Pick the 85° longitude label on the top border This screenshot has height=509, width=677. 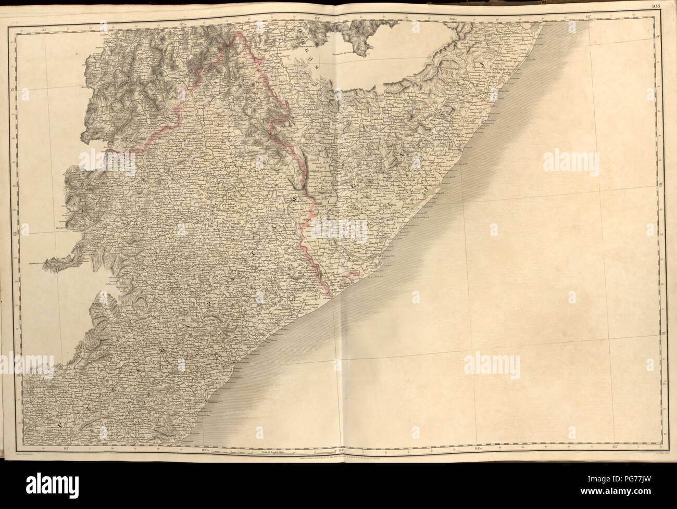click(618, 17)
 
